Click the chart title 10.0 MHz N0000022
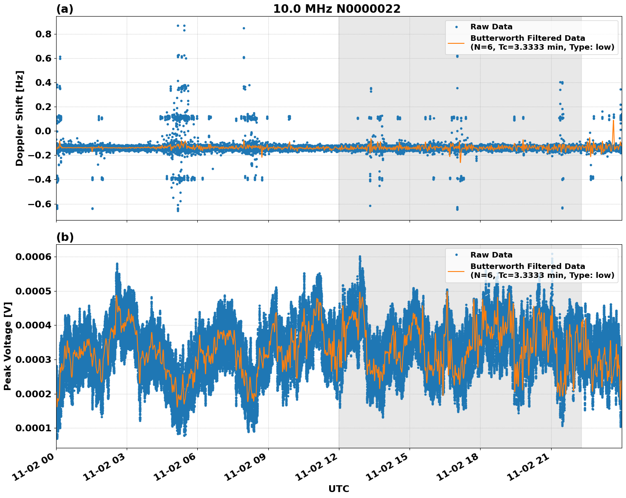[x=336, y=9]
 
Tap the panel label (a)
[x=65, y=9]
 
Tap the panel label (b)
[x=65, y=237]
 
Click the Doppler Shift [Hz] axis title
[x=20, y=118]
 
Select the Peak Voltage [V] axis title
[x=8, y=346]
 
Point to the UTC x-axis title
[x=339, y=489]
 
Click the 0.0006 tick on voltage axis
[x=34, y=257]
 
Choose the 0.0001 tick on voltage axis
[x=34, y=428]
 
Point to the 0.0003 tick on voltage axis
[x=34, y=359]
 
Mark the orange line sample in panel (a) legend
[x=456, y=42]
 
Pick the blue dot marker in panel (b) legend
[x=456, y=255]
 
